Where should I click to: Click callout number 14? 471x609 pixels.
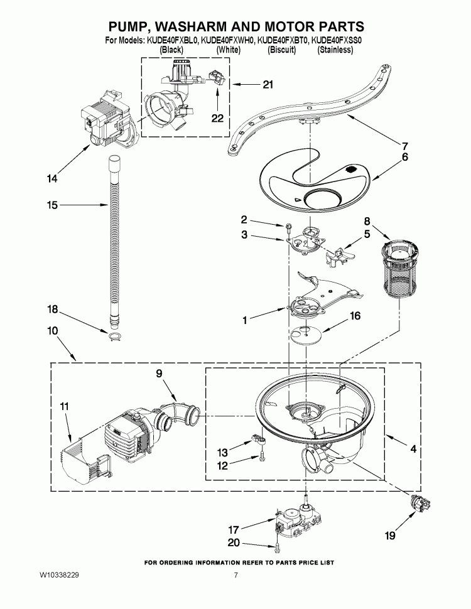click(x=51, y=179)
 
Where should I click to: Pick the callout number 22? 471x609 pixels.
click(x=217, y=117)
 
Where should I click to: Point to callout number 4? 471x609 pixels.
click(x=413, y=450)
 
